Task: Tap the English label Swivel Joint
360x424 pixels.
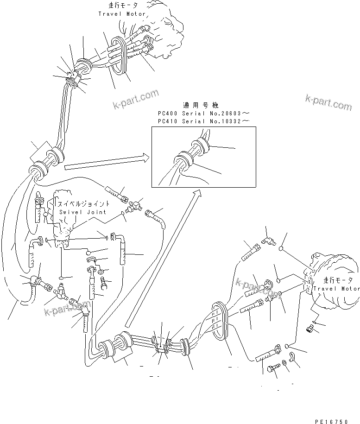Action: click(82, 212)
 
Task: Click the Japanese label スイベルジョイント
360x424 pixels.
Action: click(83, 203)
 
